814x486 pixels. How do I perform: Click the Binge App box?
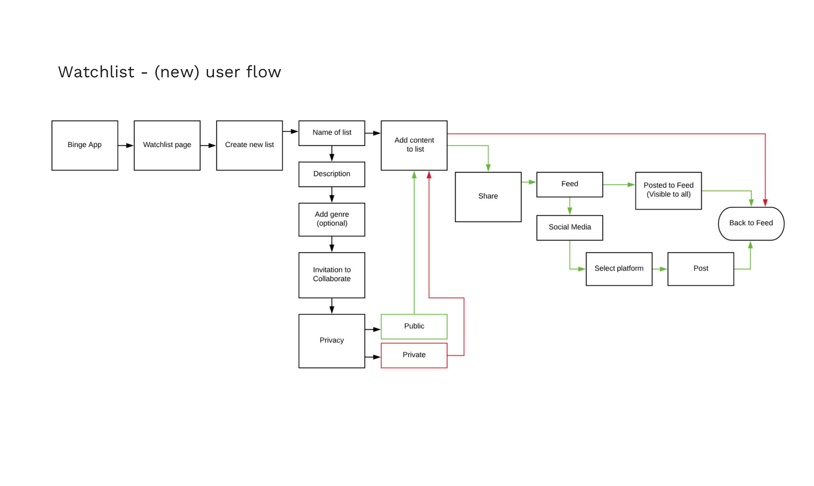pyautogui.click(x=84, y=145)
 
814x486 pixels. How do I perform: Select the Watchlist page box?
pyautogui.click(x=167, y=145)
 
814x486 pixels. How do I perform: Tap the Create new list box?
pyautogui.click(x=249, y=145)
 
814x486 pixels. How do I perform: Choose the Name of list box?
pyautogui.click(x=332, y=133)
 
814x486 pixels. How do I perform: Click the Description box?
pyautogui.click(x=332, y=174)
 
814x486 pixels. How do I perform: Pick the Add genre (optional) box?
pyautogui.click(x=332, y=219)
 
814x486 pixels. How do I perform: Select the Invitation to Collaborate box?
pyautogui.click(x=332, y=275)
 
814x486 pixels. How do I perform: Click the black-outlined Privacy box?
pyautogui.click(x=332, y=341)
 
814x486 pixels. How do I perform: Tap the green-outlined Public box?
pyautogui.click(x=414, y=326)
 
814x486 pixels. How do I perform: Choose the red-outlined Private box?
pyautogui.click(x=414, y=355)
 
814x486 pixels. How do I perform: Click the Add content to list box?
pyautogui.click(x=414, y=145)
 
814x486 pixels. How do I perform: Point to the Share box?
pyautogui.click(x=488, y=196)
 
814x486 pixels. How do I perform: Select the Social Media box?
pyautogui.click(x=569, y=228)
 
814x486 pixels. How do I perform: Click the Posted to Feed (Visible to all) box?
pyautogui.click(x=668, y=190)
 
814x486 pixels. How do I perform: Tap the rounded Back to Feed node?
pyautogui.click(x=751, y=223)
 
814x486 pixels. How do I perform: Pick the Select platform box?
pyautogui.click(x=619, y=269)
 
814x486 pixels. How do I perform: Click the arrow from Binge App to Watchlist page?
pyautogui.click(x=126, y=146)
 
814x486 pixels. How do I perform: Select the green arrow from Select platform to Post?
pyautogui.click(x=660, y=269)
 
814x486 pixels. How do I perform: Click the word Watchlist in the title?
pyautogui.click(x=96, y=72)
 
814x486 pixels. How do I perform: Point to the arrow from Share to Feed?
pyautogui.click(x=529, y=182)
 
